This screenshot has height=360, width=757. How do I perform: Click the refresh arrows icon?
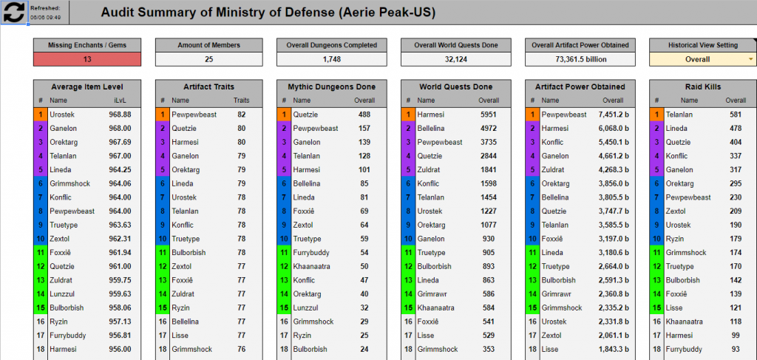click(15, 12)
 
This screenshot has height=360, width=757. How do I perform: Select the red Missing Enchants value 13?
click(87, 59)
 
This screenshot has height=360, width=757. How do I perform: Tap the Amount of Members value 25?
click(209, 59)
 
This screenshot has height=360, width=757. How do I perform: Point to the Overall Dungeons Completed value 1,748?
click(331, 59)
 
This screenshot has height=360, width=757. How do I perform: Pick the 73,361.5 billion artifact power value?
click(580, 59)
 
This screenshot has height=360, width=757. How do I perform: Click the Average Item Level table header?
click(87, 86)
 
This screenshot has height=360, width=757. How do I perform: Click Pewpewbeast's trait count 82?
click(242, 115)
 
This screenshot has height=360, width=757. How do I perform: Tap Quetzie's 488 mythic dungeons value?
click(364, 115)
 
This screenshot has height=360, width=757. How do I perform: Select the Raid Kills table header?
click(703, 86)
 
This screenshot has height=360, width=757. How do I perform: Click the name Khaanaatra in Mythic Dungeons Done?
click(311, 266)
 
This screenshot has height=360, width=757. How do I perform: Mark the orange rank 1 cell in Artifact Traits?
click(162, 115)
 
